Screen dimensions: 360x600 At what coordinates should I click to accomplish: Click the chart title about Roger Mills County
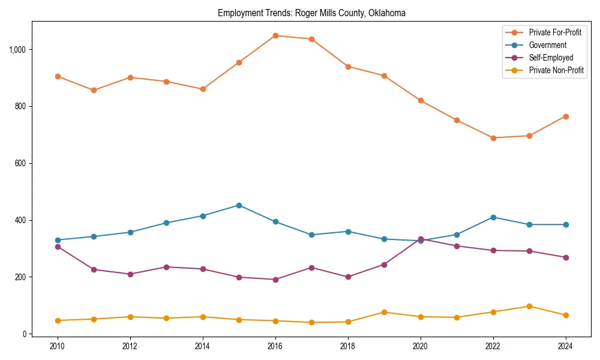tap(311, 13)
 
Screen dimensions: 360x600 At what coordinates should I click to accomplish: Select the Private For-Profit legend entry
tap(555, 32)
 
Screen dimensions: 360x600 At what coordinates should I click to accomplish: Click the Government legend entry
tap(547, 45)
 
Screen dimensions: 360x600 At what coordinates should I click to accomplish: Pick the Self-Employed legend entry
tap(551, 58)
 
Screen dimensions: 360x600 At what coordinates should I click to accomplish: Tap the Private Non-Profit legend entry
tap(556, 70)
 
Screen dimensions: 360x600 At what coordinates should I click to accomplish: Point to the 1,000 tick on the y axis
tap(18, 49)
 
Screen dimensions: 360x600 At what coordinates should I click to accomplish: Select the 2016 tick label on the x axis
tap(275, 346)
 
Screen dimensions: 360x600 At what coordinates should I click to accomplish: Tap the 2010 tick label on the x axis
tap(58, 346)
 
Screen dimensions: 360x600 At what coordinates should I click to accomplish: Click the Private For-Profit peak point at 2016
tap(275, 35)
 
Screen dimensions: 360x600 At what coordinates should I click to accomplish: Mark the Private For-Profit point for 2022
tap(493, 138)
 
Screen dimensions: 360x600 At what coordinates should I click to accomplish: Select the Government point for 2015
tap(239, 205)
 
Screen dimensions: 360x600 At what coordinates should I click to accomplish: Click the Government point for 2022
tap(493, 217)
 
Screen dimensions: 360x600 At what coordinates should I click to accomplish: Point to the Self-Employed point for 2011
tap(94, 269)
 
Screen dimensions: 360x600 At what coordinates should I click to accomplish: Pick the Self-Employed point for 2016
tap(275, 280)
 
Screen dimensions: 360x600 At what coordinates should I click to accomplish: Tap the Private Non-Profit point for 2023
tap(529, 306)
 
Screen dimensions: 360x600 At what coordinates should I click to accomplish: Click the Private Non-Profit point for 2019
tap(384, 312)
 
